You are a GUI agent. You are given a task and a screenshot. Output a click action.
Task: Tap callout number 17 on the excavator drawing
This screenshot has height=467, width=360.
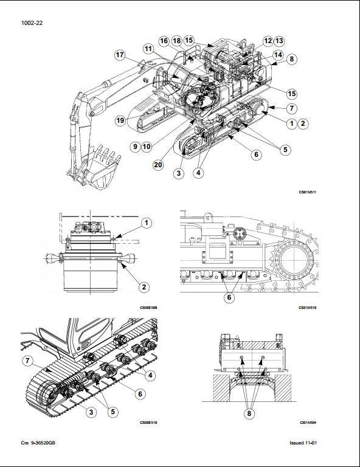[x=120, y=55]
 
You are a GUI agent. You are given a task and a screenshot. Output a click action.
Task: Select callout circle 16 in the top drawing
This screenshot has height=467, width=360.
[x=164, y=41]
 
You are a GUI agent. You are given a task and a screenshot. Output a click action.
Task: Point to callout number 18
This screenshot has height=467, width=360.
[x=176, y=41]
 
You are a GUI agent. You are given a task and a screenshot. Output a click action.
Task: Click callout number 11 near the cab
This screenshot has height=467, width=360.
[x=149, y=48]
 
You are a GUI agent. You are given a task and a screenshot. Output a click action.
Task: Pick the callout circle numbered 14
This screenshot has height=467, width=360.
[x=277, y=54]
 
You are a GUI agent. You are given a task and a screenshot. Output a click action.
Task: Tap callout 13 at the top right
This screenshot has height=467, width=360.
[x=279, y=41]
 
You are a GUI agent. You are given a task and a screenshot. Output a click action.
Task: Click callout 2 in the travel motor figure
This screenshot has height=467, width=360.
[x=145, y=286]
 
